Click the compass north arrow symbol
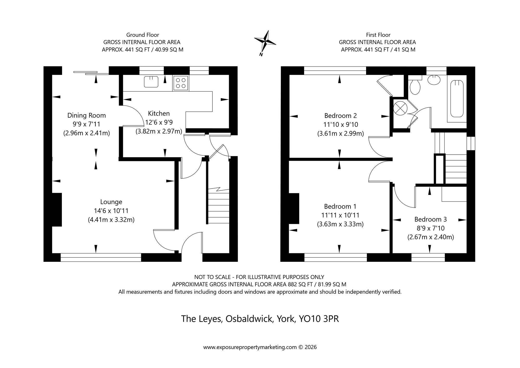[265, 42]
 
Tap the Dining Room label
[87, 115]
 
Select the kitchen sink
[151, 82]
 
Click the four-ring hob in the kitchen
[181, 83]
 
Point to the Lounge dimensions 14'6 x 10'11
[111, 211]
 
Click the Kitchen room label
[159, 113]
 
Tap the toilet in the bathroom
[415, 86]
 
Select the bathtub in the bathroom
[457, 99]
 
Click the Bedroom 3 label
[430, 219]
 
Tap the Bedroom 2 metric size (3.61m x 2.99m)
[340, 134]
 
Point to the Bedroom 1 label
[340, 206]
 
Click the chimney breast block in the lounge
[57, 210]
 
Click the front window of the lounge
[101, 257]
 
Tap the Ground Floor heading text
[142, 35]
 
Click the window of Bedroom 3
[428, 257]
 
